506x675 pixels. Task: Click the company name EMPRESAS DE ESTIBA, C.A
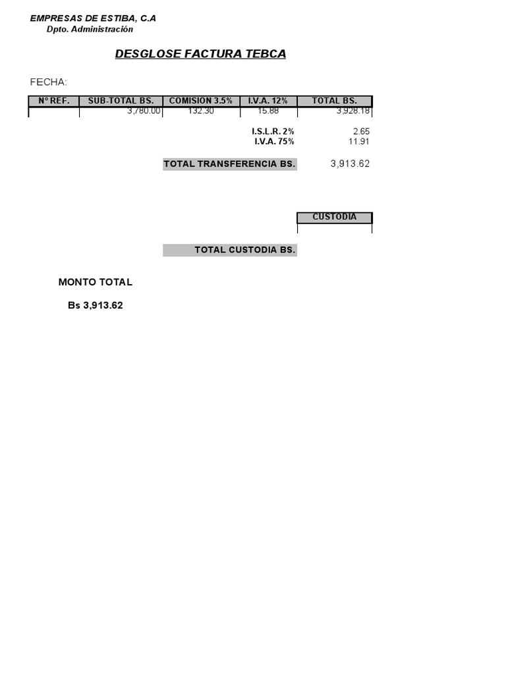tap(93, 18)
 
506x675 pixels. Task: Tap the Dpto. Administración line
tap(90, 30)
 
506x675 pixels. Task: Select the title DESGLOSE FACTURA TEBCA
tap(200, 54)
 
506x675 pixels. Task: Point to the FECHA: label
tap(48, 82)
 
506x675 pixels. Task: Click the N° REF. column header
tap(54, 101)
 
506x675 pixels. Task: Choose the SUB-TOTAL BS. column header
tap(121, 101)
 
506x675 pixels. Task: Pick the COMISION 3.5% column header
tap(201, 101)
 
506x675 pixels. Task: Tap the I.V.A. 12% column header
tap(268, 101)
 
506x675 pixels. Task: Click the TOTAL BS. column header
tap(335, 101)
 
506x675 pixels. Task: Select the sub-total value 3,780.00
tap(144, 111)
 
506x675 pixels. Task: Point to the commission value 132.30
tap(201, 111)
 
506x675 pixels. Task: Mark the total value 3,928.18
tap(353, 111)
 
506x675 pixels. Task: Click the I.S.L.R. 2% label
tap(273, 132)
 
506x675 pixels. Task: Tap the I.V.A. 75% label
tap(274, 141)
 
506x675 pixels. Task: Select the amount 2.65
tap(361, 132)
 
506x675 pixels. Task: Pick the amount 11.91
tap(359, 141)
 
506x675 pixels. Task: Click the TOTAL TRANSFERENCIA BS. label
tap(229, 164)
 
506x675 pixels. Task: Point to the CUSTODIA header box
tap(335, 218)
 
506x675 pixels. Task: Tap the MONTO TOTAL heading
tap(95, 282)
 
